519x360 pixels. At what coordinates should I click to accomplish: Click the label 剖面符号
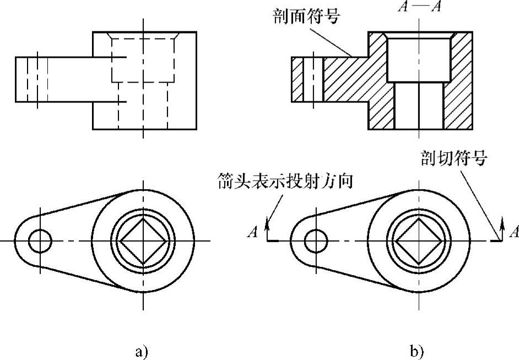307,16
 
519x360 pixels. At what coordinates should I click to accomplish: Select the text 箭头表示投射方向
285,182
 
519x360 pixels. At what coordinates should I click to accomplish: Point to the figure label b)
417,351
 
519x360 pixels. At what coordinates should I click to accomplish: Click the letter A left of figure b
253,232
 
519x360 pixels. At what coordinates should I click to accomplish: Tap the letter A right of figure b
514,232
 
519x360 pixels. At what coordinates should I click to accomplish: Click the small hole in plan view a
40,241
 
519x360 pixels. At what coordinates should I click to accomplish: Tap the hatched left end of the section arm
297,80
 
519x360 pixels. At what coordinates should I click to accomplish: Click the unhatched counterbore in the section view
419,58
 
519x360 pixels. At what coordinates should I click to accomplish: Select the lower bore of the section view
419,106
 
